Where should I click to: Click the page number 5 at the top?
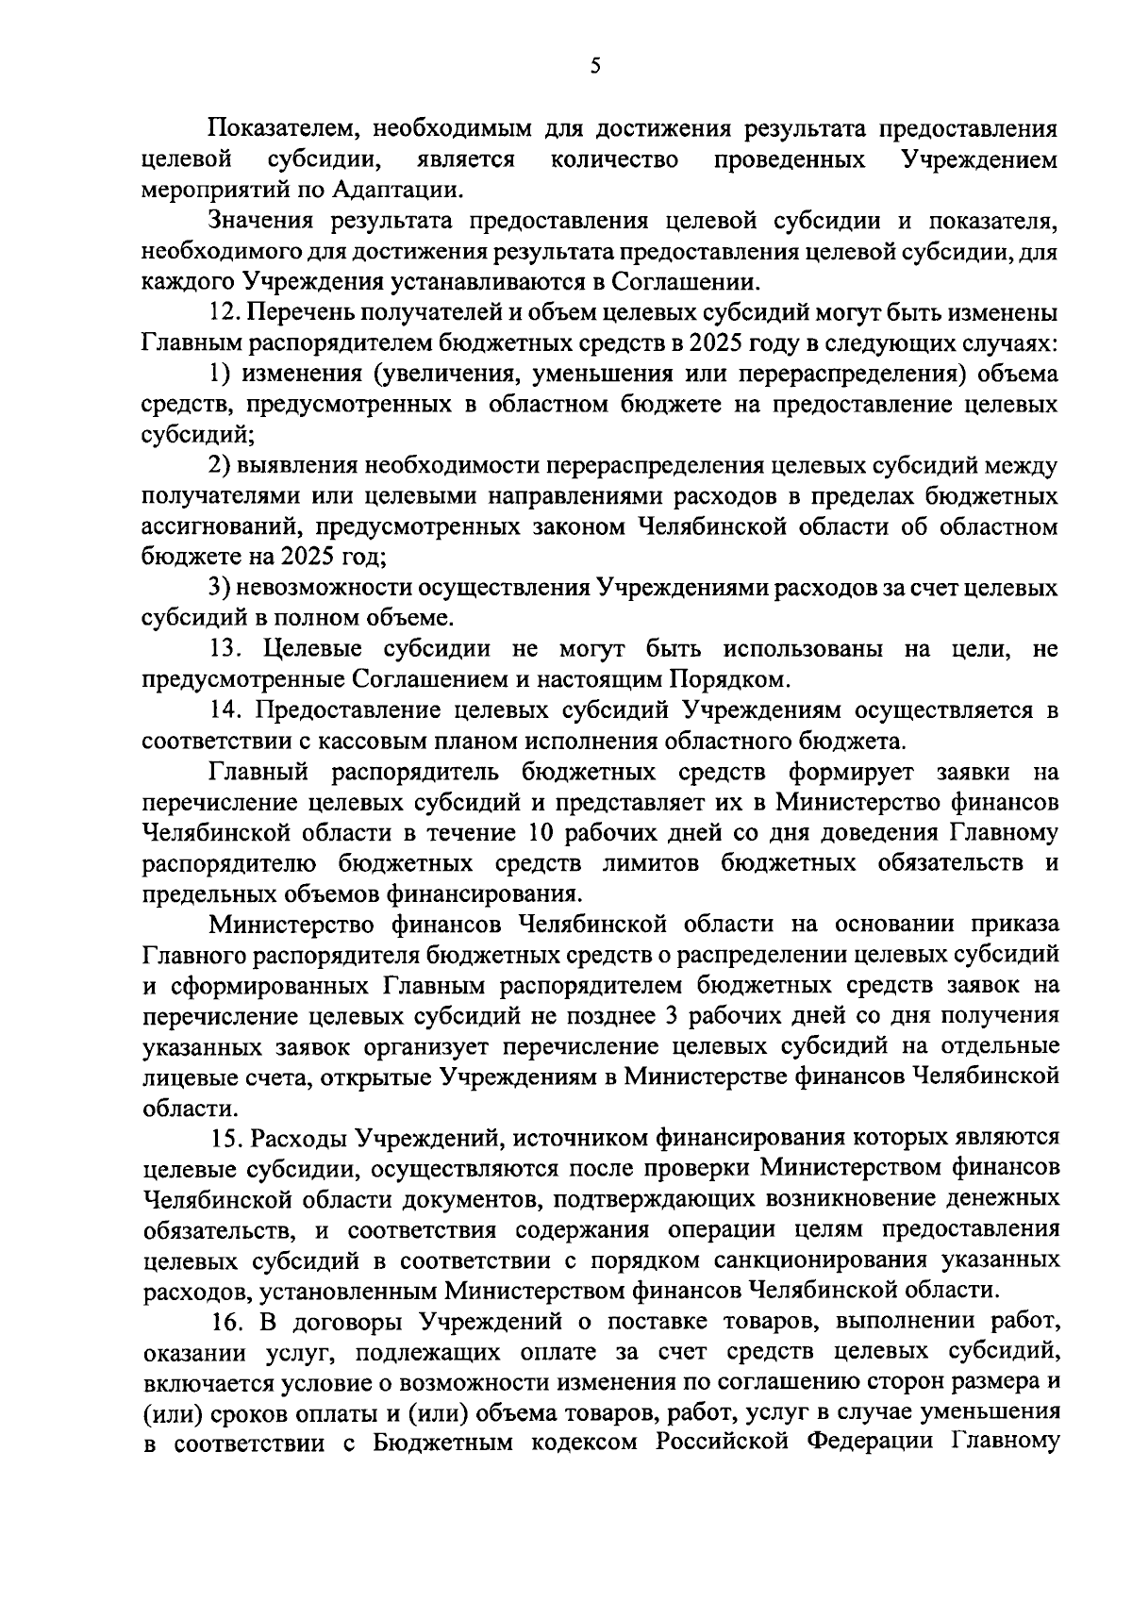tap(594, 65)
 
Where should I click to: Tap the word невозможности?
tap(329, 588)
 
